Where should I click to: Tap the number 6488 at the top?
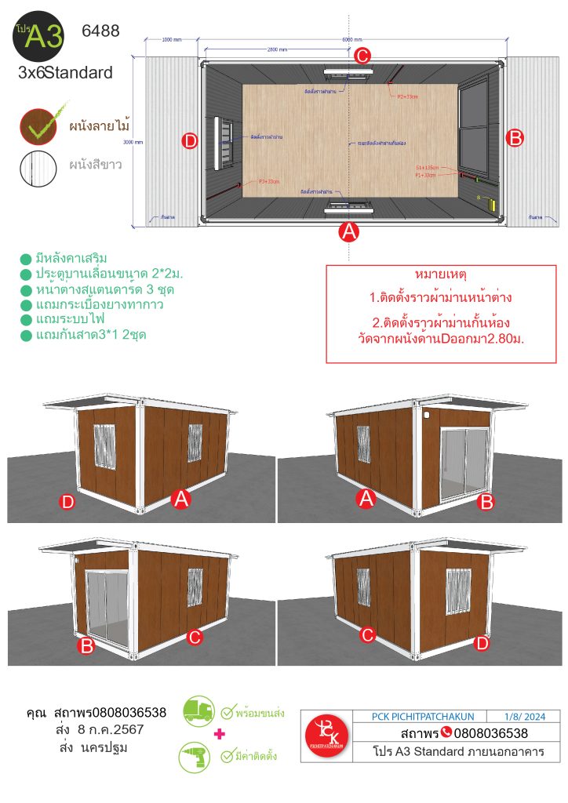100,32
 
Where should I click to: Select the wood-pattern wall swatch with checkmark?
39,126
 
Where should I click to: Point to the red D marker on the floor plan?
189,141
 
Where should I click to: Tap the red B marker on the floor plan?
515,138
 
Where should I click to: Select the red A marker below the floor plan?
348,232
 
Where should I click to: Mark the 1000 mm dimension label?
172,39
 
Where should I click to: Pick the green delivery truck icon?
198,710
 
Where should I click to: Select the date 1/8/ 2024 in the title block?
529,716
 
